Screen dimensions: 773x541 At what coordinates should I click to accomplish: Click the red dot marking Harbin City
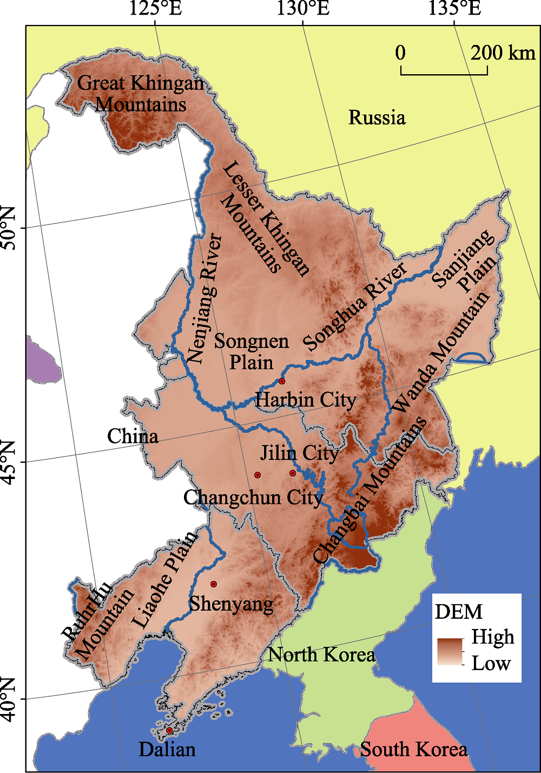tap(282, 381)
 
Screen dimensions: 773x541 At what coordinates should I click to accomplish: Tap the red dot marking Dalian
tap(169, 730)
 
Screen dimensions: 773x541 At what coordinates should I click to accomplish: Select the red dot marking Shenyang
tap(214, 584)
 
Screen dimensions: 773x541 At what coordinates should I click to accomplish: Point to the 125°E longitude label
tap(156, 9)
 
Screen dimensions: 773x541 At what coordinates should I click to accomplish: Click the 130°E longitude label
tap(303, 9)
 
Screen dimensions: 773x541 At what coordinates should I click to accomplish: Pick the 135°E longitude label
tap(454, 9)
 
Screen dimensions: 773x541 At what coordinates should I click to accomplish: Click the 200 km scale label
tap(503, 53)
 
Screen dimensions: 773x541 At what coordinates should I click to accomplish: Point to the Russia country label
tap(377, 117)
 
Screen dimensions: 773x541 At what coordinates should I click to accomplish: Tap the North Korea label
tap(321, 655)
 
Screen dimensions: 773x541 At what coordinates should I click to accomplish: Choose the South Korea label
tap(414, 750)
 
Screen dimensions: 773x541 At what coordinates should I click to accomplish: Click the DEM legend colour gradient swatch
tap(450, 652)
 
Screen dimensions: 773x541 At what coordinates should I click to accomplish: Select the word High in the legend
tap(492, 637)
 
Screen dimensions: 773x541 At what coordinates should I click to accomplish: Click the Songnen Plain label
tap(252, 352)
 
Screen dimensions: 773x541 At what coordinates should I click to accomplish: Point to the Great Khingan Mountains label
tap(141, 93)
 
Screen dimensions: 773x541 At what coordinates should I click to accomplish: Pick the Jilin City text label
tap(299, 453)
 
